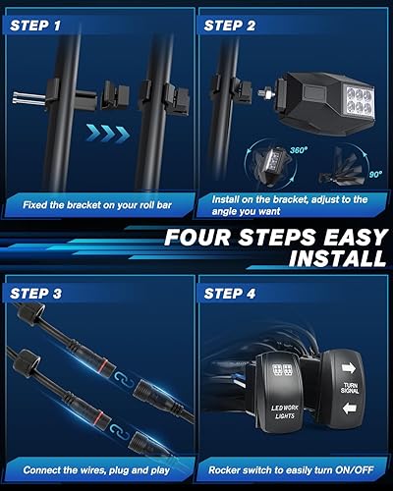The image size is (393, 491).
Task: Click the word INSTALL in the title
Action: pos(333,258)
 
